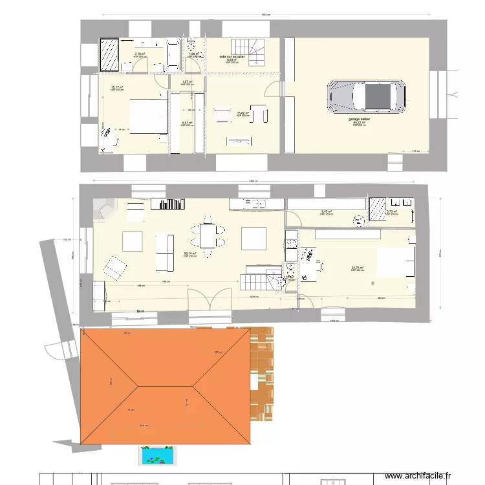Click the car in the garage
click(x=365, y=96)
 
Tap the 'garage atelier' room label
click(x=359, y=120)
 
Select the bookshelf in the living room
click(x=167, y=204)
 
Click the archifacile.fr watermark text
click(x=436, y=475)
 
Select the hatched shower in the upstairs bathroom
click(x=109, y=54)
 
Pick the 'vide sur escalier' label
click(x=232, y=56)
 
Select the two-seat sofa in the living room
click(x=165, y=252)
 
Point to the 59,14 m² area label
click(x=190, y=253)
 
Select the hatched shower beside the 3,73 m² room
click(x=376, y=209)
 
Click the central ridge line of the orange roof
click(x=166, y=386)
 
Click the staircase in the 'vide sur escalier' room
click(x=249, y=50)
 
